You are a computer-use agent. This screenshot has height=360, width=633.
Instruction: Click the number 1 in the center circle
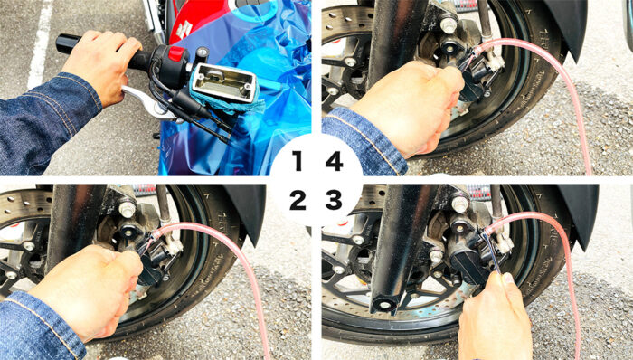(298, 161)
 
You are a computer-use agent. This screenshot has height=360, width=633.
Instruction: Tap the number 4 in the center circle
(335, 161)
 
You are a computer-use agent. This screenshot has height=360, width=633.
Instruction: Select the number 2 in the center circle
(298, 200)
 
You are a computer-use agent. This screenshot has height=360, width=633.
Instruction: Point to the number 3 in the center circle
(334, 200)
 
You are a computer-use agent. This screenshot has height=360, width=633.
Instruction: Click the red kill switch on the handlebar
(175, 53)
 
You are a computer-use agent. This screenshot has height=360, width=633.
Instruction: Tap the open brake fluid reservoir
(223, 82)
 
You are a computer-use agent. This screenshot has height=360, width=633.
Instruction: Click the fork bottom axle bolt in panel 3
(383, 305)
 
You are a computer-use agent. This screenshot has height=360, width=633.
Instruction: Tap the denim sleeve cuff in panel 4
(365, 141)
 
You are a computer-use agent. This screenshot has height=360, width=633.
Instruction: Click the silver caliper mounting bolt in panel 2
(127, 210)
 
